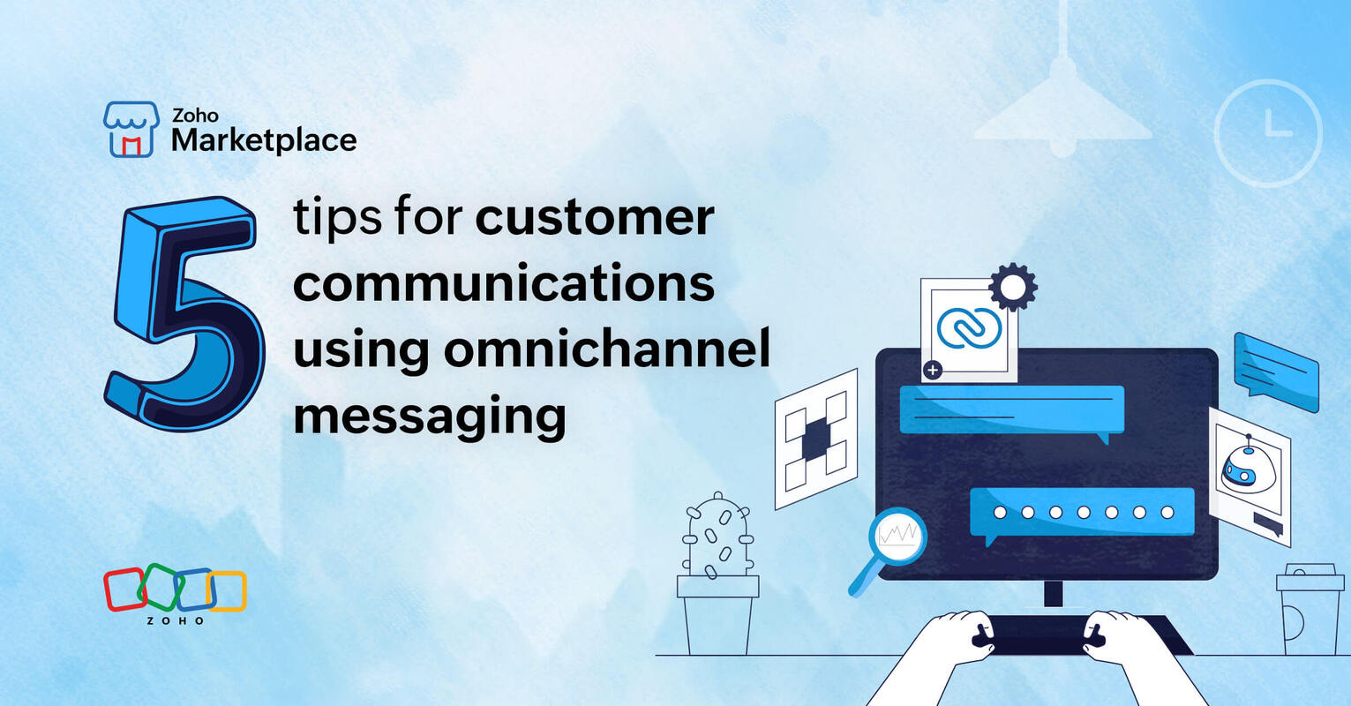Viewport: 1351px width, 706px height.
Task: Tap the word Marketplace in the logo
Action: [264, 139]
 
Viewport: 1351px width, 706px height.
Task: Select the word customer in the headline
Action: [595, 216]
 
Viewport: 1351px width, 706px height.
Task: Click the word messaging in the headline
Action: [429, 415]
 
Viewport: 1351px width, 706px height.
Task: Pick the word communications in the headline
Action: [503, 282]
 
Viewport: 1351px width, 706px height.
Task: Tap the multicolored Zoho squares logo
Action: [175, 590]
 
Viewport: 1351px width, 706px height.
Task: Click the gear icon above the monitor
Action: [1012, 286]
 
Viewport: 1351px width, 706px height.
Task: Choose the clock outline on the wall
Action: [1267, 132]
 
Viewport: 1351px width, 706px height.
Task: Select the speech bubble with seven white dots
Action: [1082, 513]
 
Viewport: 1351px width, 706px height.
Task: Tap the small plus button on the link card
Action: [933, 371]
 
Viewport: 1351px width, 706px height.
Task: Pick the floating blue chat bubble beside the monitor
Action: [1275, 371]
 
